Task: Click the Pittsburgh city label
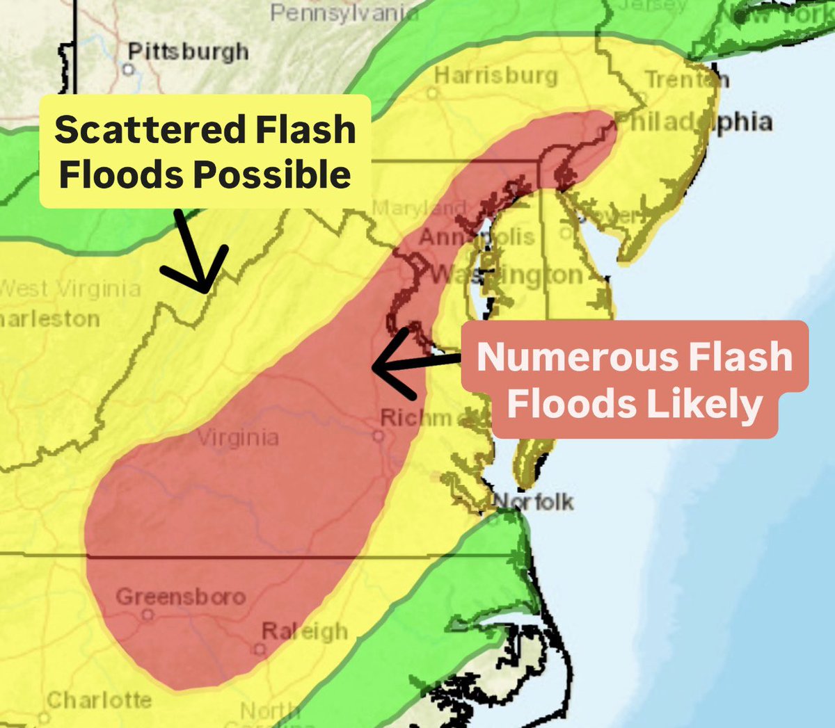188,52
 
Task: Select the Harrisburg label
495,75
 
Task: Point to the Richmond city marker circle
378,437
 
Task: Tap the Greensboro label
181,597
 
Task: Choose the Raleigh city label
304,631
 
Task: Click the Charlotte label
99,699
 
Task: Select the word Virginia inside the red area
238,438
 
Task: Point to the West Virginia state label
70,289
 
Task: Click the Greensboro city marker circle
147,615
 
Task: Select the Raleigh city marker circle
260,649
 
